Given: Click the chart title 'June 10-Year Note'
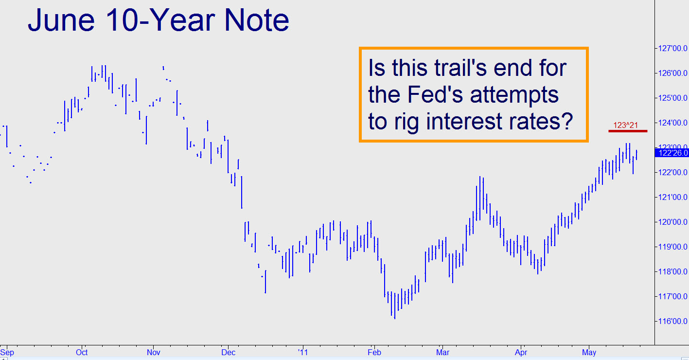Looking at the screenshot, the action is point(159,20).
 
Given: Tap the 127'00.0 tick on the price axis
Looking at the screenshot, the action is point(672,48).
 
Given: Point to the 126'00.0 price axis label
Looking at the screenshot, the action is point(672,73).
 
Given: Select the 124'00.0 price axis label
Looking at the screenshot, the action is point(672,123).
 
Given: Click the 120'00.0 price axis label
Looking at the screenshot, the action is point(672,222).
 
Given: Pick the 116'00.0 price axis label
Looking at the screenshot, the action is point(672,321).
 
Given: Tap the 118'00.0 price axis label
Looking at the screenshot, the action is point(672,271).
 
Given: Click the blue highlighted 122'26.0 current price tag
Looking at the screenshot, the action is point(672,153).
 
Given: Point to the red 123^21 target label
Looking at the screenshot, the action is point(625,125).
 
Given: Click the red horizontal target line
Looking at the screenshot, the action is point(628,131).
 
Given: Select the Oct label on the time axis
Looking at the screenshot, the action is point(82,352).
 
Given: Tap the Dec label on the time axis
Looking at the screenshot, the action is point(228,352).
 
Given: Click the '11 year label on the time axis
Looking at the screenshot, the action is point(302,352).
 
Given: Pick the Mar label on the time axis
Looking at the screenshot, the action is point(442,352).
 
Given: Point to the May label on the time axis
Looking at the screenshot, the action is point(589,353).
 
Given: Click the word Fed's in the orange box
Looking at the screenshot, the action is point(435,94).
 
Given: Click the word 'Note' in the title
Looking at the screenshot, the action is point(257,20).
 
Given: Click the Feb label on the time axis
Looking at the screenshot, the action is point(374,352).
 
